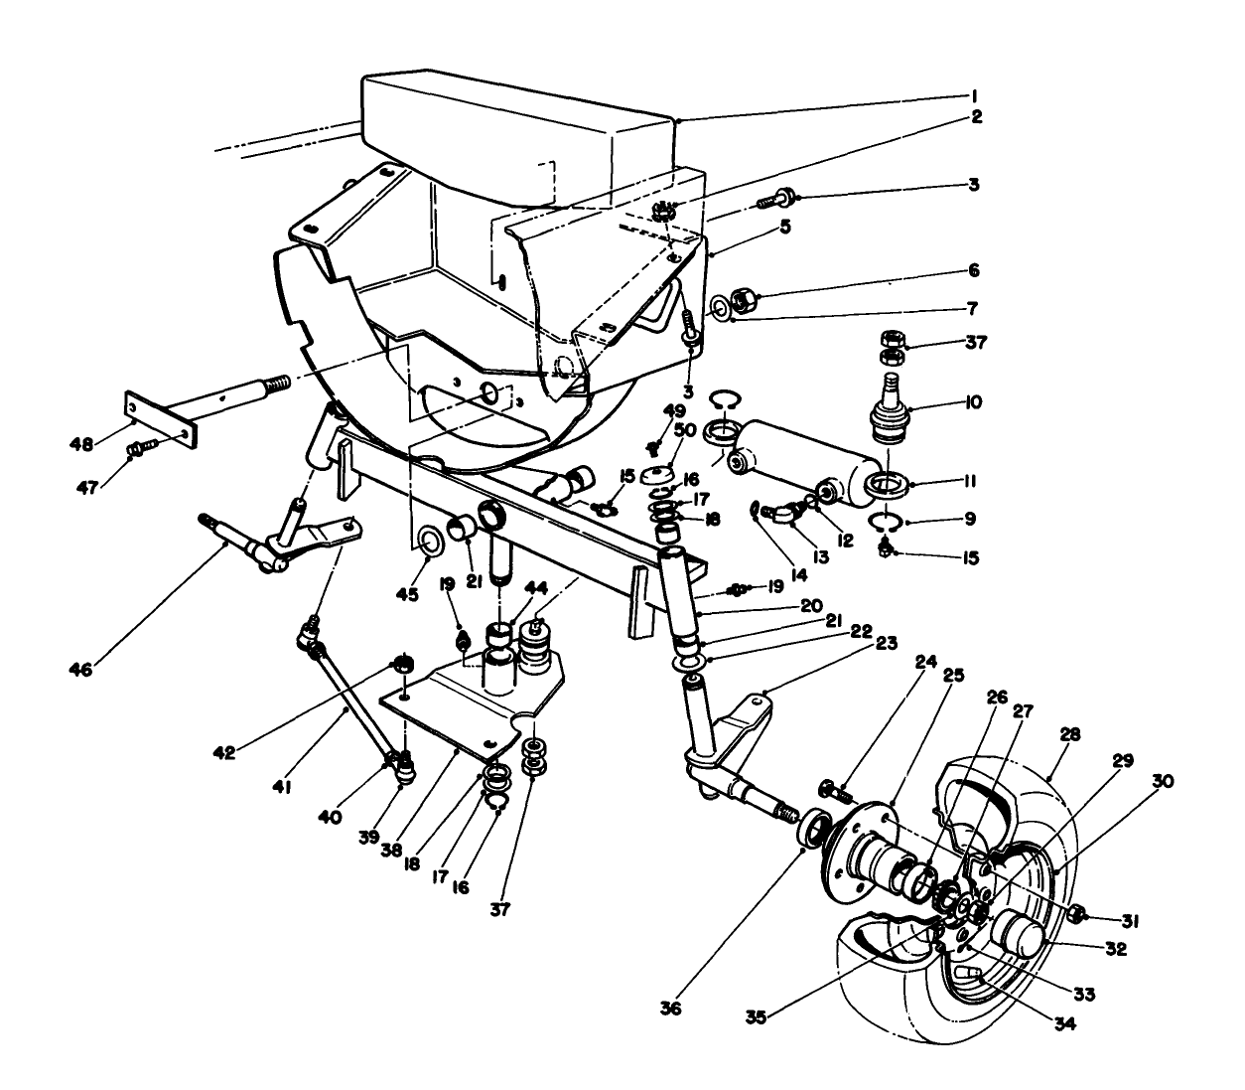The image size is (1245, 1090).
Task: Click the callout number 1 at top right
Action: [x=975, y=96]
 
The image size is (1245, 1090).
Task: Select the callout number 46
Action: [x=80, y=670]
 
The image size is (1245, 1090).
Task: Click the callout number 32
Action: [x=1115, y=949]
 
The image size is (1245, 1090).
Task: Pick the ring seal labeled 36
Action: [x=815, y=829]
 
